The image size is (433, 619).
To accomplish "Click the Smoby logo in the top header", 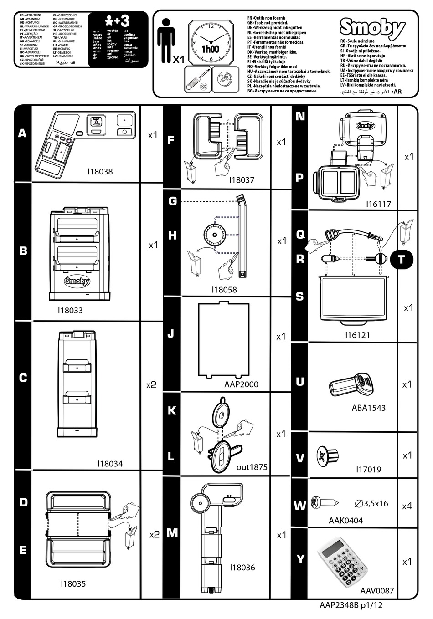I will [x=372, y=29].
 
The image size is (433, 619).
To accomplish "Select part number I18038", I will [x=99, y=172].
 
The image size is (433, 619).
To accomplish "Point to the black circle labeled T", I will [x=401, y=259].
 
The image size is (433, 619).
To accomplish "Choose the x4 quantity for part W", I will [x=407, y=506].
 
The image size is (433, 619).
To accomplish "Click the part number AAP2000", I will [x=241, y=384].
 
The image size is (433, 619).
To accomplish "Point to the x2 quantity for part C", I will [x=151, y=385].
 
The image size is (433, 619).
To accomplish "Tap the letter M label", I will [x=172, y=532].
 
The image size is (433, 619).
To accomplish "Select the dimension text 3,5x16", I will [x=371, y=503].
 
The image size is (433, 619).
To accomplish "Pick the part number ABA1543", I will [x=368, y=408].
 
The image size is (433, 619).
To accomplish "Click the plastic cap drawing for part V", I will [x=327, y=455].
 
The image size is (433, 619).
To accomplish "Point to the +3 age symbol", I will [x=118, y=20].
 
